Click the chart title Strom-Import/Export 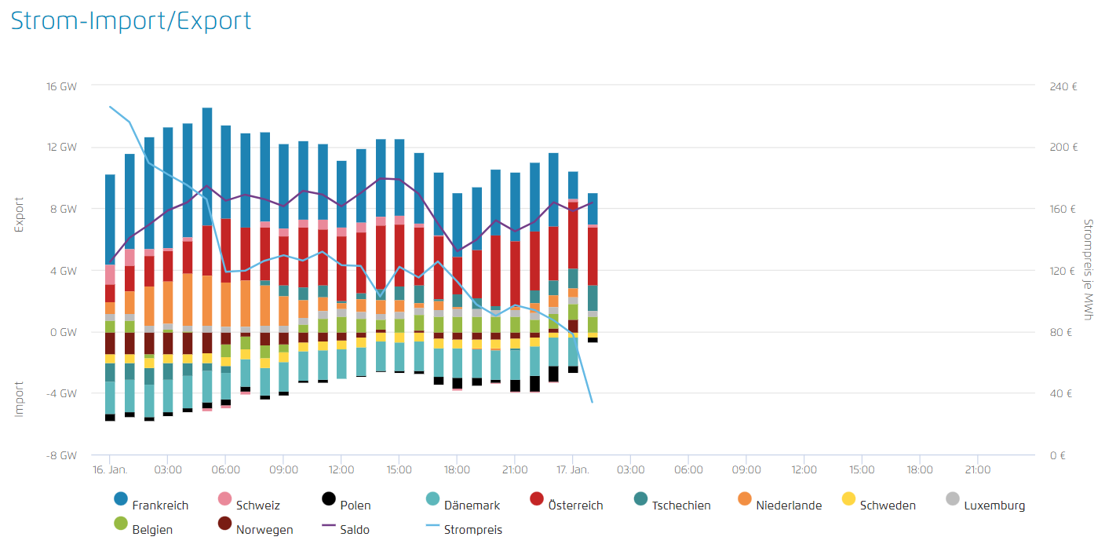coord(131,20)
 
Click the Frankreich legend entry coord(154,505)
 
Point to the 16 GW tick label coord(63,86)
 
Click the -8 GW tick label coord(63,455)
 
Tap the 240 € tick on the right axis coord(1063,86)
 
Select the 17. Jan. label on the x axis coord(572,469)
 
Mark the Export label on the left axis coord(19,214)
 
